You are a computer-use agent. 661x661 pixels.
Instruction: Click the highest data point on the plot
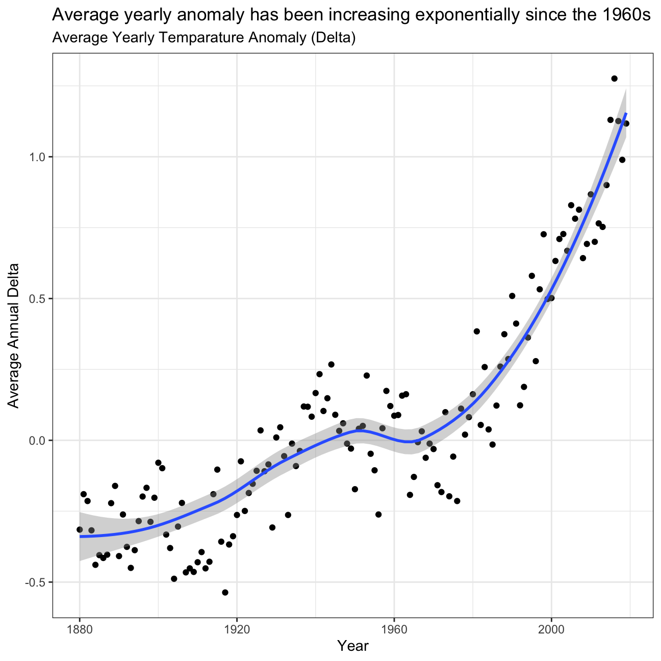tap(614, 79)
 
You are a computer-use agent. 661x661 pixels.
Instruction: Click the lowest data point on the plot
tap(225, 592)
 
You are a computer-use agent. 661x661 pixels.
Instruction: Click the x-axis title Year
tap(353, 646)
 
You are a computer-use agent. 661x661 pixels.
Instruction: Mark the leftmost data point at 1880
tap(80, 530)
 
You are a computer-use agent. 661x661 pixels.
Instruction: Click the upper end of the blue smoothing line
tap(626, 113)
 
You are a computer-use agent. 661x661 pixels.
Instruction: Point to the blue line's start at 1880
tap(80, 537)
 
